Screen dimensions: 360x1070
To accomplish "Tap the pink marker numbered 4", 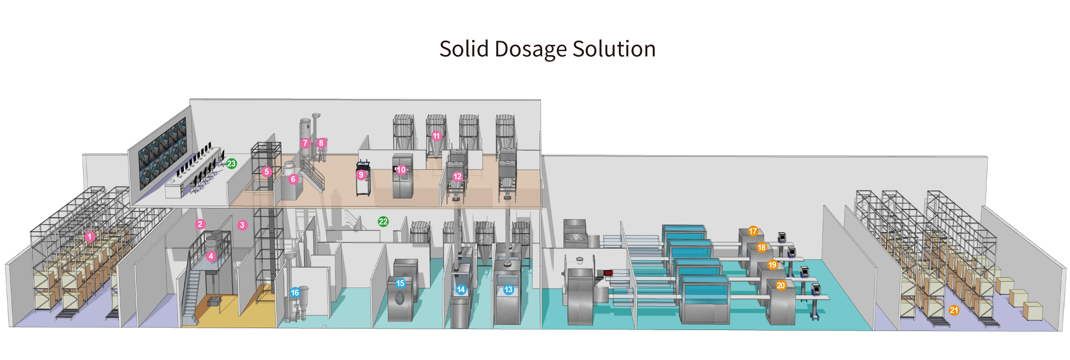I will click(x=211, y=256).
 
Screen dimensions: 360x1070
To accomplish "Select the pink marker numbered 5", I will click(x=267, y=171).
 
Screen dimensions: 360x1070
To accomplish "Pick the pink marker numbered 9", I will click(x=361, y=175).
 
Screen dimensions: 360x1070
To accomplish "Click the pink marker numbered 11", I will click(x=436, y=136).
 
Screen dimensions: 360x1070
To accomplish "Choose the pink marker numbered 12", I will click(x=457, y=176).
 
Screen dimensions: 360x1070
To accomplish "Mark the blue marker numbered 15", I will click(x=400, y=283).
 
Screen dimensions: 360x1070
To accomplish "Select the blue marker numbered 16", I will click(x=295, y=292).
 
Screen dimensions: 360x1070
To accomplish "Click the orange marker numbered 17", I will click(x=753, y=231).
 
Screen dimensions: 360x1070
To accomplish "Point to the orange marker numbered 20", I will click(x=781, y=285).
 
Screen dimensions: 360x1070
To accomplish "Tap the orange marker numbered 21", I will click(x=954, y=310).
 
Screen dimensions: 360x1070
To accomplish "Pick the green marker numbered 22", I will click(x=383, y=222).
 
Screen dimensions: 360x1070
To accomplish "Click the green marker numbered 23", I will click(x=231, y=164).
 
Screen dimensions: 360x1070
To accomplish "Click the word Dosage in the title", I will click(x=530, y=49).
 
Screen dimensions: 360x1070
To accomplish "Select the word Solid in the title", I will click(x=465, y=49).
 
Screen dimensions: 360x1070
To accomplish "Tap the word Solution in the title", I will click(x=614, y=49).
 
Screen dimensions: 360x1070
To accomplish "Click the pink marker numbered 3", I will click(x=242, y=225).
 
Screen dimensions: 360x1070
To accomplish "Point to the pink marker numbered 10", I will click(x=401, y=170).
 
